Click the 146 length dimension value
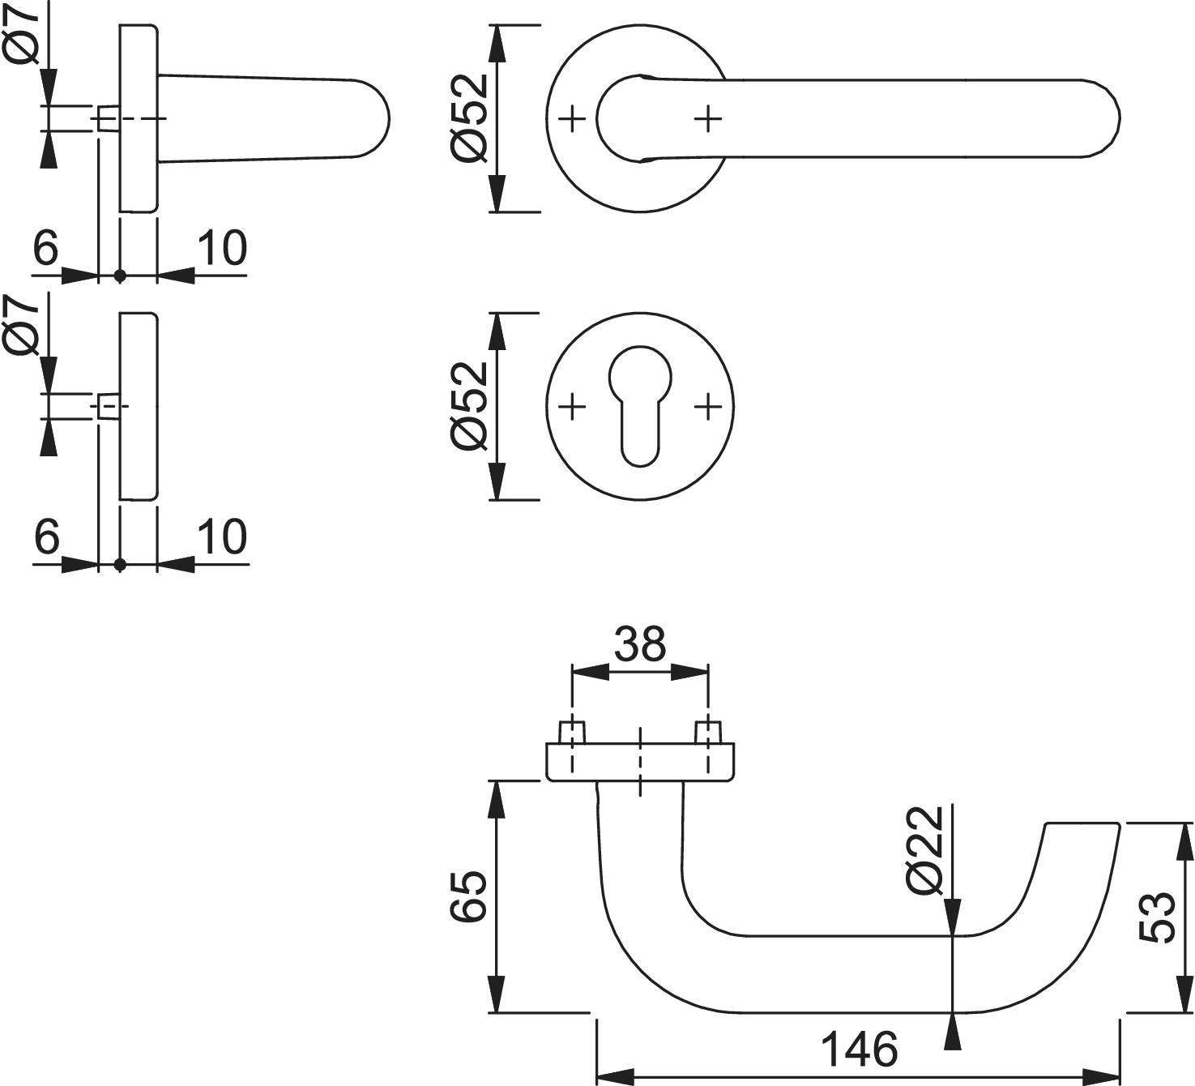coord(860,1050)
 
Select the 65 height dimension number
coord(469,896)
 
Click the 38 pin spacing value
coord(640,644)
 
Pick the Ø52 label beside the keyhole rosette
coord(470,405)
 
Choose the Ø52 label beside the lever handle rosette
coord(470,118)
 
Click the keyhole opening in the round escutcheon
coord(640,405)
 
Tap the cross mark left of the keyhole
coord(573,405)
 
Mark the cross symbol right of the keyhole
coord(708,405)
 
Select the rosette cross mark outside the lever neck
coord(573,119)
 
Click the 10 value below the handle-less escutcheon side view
coord(222,537)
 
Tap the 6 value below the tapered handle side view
coord(46,248)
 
